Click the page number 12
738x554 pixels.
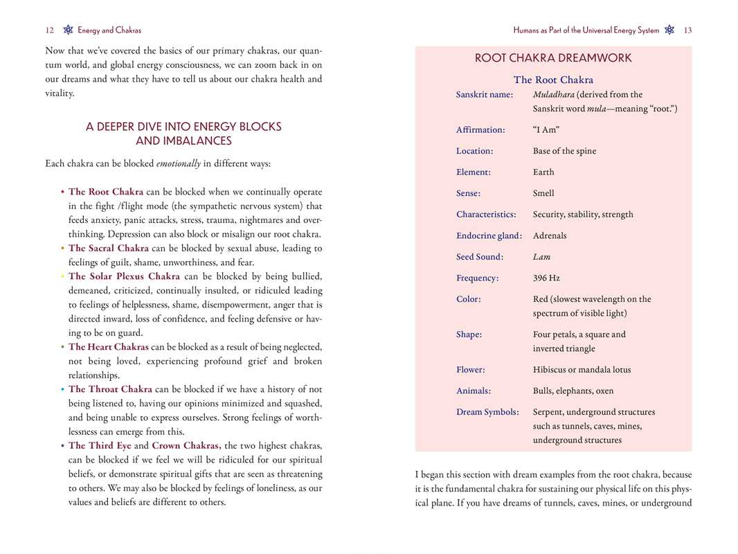tap(49, 30)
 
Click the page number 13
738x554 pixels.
tap(687, 30)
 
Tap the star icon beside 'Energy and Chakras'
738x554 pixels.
tap(68, 30)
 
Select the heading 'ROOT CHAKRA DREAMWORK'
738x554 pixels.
tap(552, 59)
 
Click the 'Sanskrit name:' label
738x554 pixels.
tap(484, 95)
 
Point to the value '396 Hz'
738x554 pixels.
tap(546, 278)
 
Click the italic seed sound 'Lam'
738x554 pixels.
tap(541, 257)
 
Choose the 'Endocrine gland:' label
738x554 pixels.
tap(489, 236)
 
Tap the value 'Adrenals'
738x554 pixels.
tap(550, 236)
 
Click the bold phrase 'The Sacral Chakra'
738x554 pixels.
tap(108, 249)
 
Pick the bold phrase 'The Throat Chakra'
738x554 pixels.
tap(110, 390)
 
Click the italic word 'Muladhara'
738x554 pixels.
tap(553, 95)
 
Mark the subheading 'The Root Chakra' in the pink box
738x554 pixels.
tap(552, 80)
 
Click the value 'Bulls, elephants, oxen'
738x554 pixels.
tap(573, 391)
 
